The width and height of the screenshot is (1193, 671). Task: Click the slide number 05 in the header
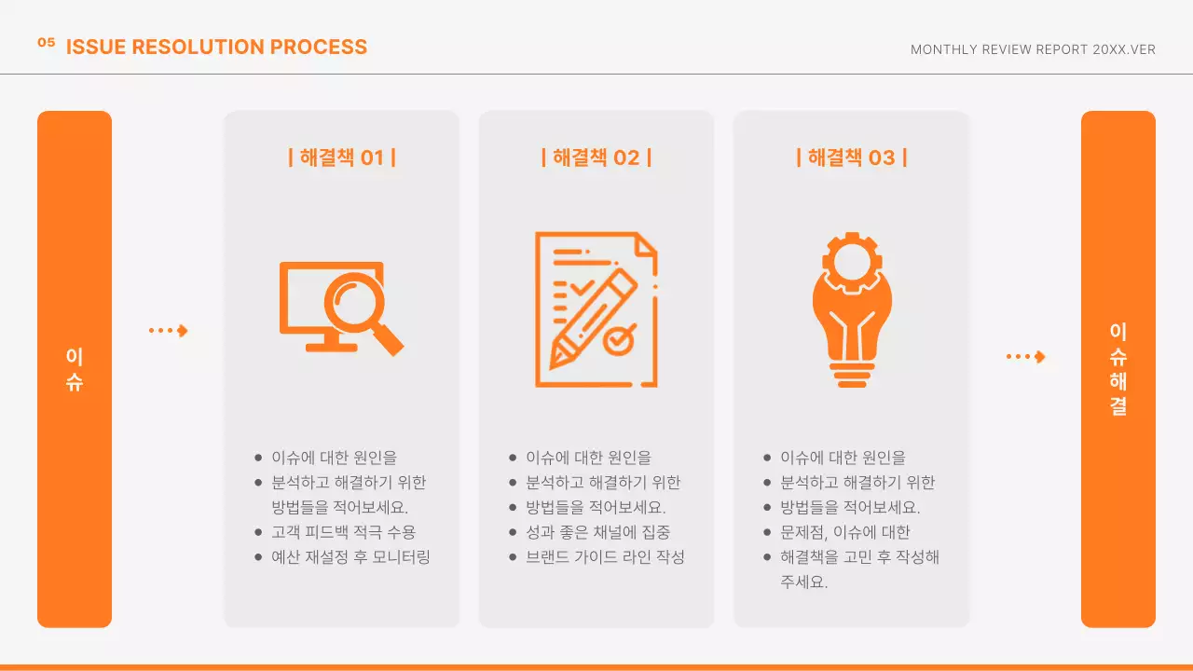(47, 42)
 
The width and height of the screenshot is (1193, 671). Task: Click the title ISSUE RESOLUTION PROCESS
(216, 47)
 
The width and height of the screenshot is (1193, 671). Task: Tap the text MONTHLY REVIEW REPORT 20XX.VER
(1033, 49)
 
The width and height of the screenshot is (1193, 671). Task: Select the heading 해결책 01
(341, 157)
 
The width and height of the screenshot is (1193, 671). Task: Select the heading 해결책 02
(596, 157)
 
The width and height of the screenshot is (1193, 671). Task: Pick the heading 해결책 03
(851, 157)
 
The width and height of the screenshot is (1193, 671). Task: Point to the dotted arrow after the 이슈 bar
(169, 330)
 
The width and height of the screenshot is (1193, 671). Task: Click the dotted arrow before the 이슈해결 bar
(1025, 356)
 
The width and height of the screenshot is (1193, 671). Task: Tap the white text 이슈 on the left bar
(75, 369)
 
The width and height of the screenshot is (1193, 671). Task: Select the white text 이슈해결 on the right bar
(1118, 369)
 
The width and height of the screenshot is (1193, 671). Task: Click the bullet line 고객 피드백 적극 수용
(343, 532)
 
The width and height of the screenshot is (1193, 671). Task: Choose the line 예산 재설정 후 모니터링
(350, 557)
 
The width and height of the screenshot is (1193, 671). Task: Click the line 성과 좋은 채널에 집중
(597, 532)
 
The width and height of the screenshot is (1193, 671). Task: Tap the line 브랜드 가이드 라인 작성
(605, 557)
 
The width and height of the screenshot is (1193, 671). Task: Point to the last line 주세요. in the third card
(803, 582)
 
